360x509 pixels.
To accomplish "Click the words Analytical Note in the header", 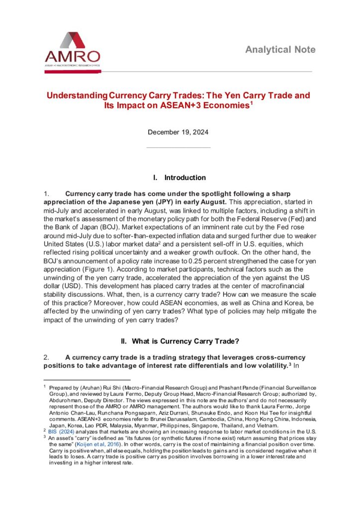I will click(280, 50).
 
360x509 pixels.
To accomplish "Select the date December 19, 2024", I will click(178, 132).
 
